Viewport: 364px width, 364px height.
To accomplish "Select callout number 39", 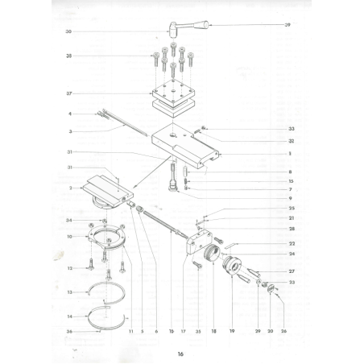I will (287, 26).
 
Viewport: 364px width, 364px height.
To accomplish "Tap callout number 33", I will (291, 129).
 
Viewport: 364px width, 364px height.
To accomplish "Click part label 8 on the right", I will (291, 172).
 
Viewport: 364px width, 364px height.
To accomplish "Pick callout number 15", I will (291, 181).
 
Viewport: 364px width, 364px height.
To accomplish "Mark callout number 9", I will (291, 198).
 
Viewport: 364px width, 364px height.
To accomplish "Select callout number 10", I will (71, 236).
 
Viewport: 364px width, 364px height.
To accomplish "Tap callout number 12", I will (71, 267).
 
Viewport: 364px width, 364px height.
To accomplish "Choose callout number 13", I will (71, 292).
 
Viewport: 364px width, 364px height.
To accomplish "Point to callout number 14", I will (71, 315).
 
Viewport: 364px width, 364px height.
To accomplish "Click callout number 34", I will (70, 221).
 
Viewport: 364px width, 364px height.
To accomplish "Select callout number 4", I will (71, 114).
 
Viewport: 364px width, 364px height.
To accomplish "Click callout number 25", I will (291, 209).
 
